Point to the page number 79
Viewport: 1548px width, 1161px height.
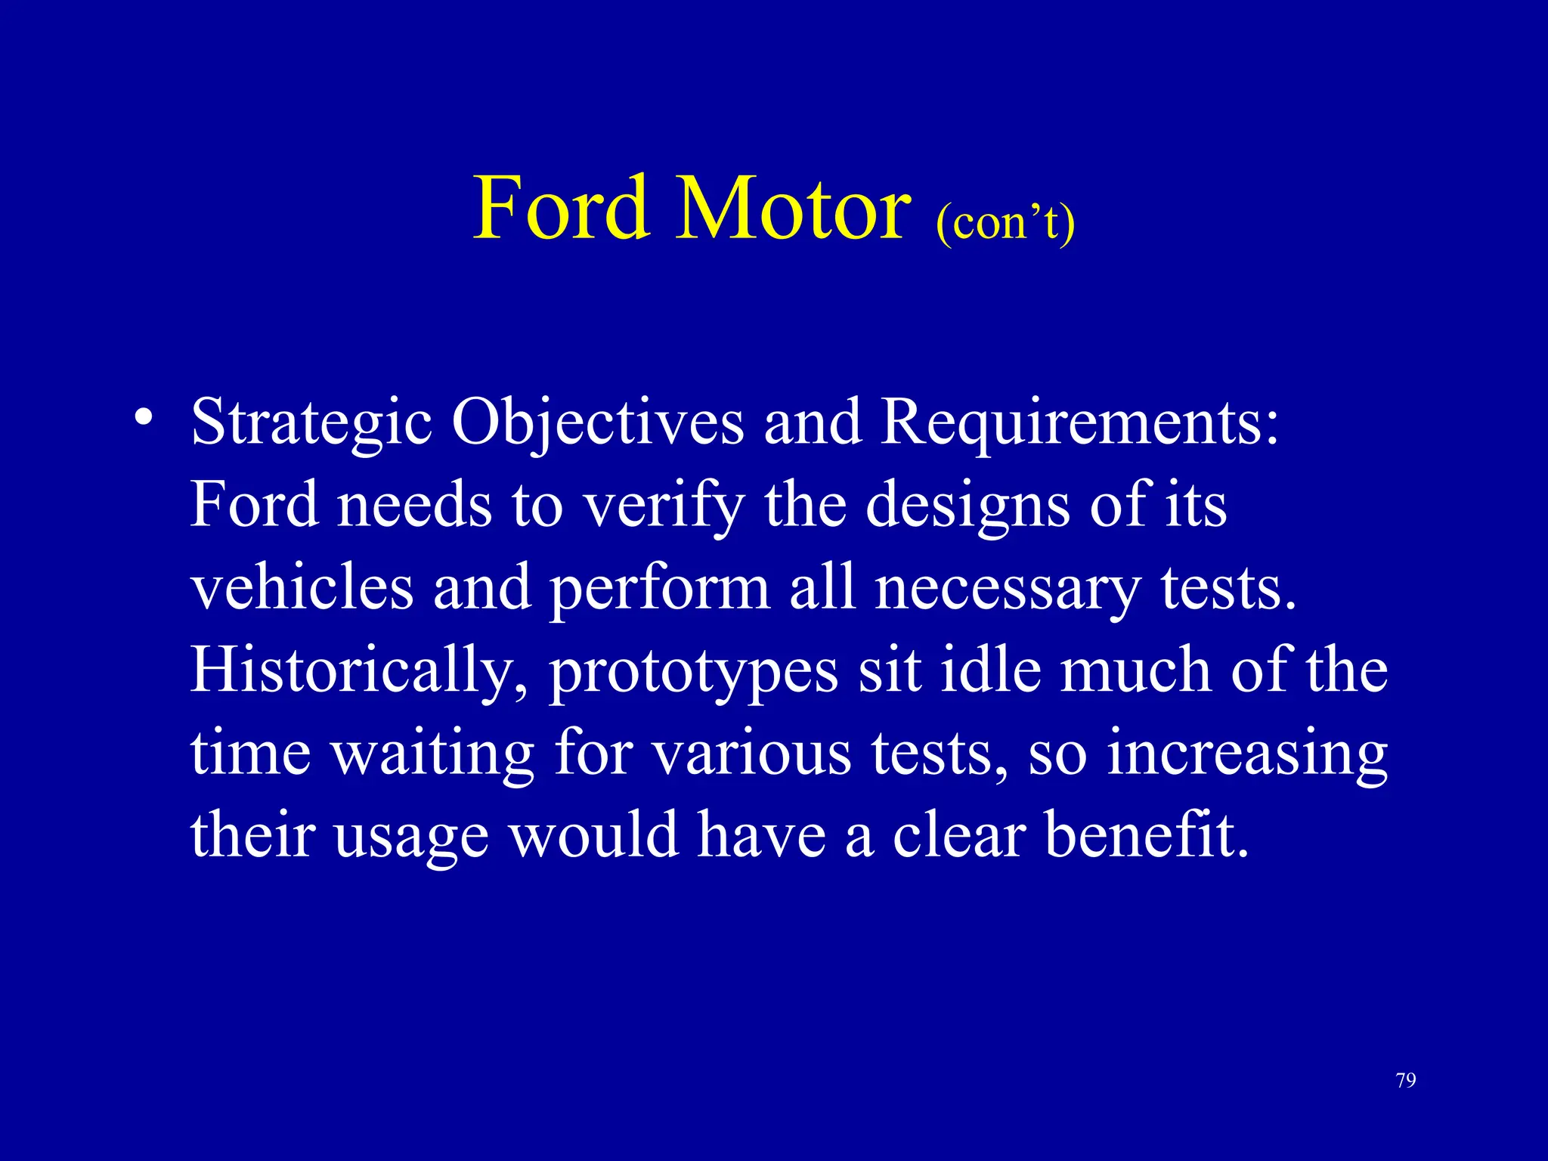click(x=1406, y=1080)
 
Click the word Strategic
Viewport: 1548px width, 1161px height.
click(x=311, y=423)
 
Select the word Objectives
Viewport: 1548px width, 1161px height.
click(x=597, y=423)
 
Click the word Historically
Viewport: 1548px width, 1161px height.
click(x=359, y=671)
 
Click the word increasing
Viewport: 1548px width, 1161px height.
click(x=1247, y=754)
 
